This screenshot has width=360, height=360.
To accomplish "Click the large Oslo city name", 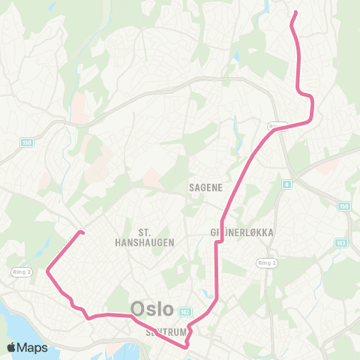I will coord(152,309).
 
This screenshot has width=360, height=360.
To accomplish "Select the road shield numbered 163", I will coord(343,242).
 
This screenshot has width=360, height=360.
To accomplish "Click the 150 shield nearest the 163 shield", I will coord(344,205).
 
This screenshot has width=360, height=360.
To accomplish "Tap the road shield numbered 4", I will coord(286,183).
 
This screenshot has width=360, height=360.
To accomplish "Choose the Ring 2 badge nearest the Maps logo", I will coord(20,271).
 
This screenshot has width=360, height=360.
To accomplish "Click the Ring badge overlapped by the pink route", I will coord(276,126).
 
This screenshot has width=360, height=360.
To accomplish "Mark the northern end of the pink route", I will coord(295,12).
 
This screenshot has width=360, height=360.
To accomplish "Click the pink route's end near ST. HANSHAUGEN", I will coord(81,232).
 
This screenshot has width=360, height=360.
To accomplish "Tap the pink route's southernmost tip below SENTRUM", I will coord(185,346).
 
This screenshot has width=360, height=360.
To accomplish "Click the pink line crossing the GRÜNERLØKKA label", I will coord(217,233).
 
